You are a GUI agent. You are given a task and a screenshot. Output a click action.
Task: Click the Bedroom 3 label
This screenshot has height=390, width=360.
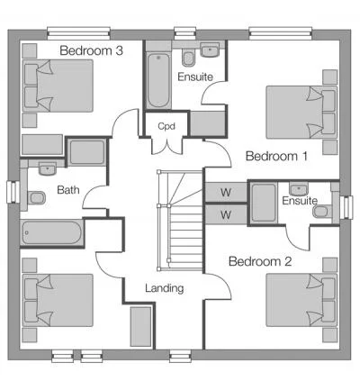[x=91, y=50]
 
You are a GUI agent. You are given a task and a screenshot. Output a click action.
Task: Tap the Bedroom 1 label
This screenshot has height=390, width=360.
[x=276, y=156]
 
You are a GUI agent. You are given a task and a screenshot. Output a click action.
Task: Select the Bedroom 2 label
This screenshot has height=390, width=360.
[x=260, y=261]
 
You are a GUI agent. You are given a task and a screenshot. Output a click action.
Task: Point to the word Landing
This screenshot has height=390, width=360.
[x=165, y=288]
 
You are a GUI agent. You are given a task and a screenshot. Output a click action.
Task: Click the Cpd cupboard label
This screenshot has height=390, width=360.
[x=166, y=126]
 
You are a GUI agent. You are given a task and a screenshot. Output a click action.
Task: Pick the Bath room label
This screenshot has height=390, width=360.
[x=68, y=190]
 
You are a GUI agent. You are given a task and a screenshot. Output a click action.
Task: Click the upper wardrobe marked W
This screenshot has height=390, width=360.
[x=226, y=192]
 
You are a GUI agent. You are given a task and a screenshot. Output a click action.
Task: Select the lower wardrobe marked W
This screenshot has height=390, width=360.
[x=226, y=214]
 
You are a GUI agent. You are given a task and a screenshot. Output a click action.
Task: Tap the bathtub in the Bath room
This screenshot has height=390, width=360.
[x=52, y=232]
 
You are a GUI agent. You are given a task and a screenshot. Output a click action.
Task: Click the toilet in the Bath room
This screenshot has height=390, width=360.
[x=37, y=198]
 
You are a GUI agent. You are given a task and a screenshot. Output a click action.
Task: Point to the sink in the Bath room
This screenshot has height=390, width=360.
[x=47, y=169]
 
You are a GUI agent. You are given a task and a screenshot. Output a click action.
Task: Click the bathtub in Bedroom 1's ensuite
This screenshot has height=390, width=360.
[x=158, y=80]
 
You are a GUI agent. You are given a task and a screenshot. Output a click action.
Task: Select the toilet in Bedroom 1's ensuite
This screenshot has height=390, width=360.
[x=188, y=59]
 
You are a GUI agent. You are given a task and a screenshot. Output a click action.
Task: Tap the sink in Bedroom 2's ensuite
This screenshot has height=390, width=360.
[x=299, y=189]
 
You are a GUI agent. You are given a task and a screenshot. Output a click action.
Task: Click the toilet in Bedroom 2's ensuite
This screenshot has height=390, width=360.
[x=322, y=212]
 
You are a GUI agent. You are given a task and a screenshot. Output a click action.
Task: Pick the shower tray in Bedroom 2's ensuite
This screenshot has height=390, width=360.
[x=264, y=203]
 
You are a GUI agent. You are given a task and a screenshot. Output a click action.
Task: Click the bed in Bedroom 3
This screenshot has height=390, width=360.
[x=58, y=86]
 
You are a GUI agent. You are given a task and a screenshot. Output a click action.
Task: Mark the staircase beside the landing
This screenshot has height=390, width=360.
[x=181, y=221]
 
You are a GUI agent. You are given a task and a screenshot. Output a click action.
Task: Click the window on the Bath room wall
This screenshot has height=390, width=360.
[x=13, y=192]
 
